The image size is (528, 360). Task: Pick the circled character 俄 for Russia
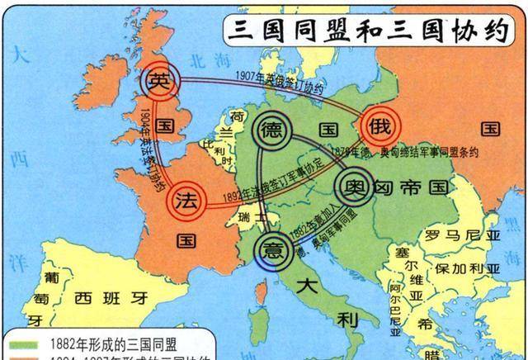pos(384,126)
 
